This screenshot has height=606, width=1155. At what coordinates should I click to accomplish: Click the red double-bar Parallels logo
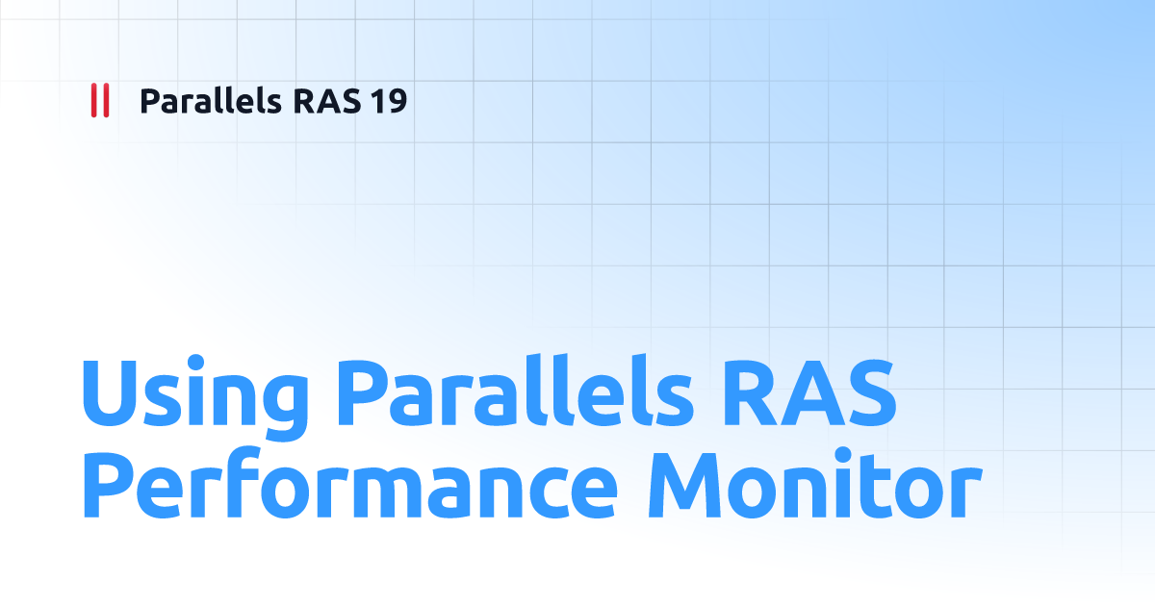pyautogui.click(x=99, y=101)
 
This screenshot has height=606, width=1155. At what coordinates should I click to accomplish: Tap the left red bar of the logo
pyautogui.click(x=93, y=101)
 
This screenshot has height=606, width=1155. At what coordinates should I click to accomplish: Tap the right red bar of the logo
pyautogui.click(x=105, y=101)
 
